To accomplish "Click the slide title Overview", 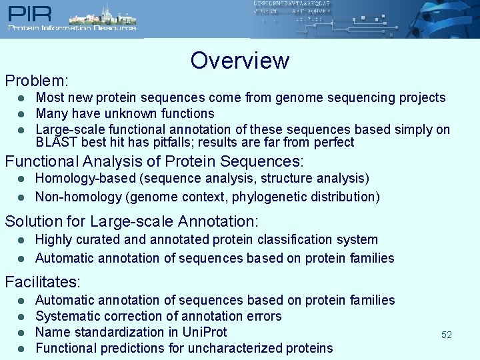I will point(239,61).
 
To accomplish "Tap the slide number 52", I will point(446,335).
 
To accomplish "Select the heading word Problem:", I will point(37,81).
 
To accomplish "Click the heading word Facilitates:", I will point(43,281).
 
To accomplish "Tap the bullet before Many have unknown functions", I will point(21,114).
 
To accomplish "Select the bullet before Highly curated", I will point(21,240).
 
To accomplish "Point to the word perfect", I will point(331,142).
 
